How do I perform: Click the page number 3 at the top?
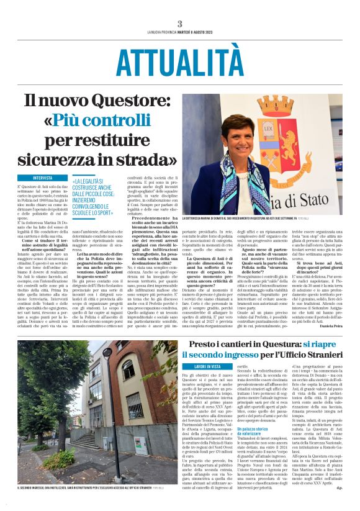179,24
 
